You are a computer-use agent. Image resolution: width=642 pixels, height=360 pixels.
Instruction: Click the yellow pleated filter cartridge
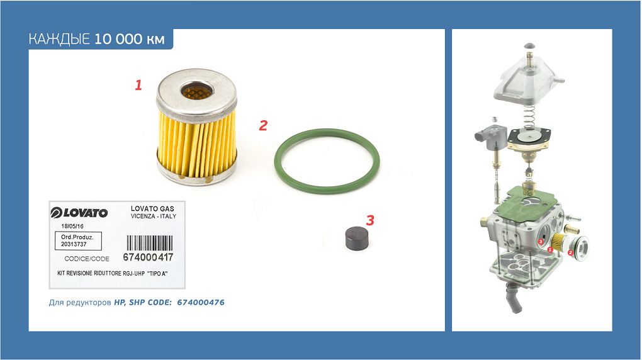tap(196, 127)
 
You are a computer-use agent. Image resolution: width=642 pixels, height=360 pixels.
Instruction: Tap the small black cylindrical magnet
tap(357, 238)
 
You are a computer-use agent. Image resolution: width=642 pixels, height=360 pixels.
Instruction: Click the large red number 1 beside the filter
tap(138, 85)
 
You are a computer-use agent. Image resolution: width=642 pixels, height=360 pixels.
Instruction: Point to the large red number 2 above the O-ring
tap(263, 125)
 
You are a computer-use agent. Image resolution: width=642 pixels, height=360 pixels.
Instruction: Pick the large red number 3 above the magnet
tap(370, 220)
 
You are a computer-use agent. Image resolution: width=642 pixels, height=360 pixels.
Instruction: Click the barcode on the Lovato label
tap(149, 243)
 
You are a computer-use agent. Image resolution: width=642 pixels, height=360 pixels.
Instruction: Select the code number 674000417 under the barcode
tap(148, 257)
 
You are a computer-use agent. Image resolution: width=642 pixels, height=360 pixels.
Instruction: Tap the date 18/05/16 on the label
tap(72, 226)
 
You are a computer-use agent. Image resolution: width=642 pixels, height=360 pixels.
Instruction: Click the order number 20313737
tap(74, 244)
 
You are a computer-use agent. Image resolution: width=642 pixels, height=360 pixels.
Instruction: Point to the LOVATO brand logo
tap(79, 213)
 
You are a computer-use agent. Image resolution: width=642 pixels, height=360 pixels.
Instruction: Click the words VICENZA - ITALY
tap(154, 217)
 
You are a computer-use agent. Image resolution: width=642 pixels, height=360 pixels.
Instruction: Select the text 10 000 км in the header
tap(130, 39)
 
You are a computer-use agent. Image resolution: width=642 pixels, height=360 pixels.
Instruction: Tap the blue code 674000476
tap(201, 302)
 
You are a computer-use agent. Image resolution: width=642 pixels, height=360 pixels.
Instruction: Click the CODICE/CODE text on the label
tap(87, 259)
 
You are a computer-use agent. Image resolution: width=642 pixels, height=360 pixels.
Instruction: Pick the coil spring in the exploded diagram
tap(530, 116)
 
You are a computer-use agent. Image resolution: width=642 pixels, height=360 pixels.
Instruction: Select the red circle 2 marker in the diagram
tap(571, 253)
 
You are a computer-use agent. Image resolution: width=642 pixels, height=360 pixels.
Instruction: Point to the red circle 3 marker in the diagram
tap(541, 242)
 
